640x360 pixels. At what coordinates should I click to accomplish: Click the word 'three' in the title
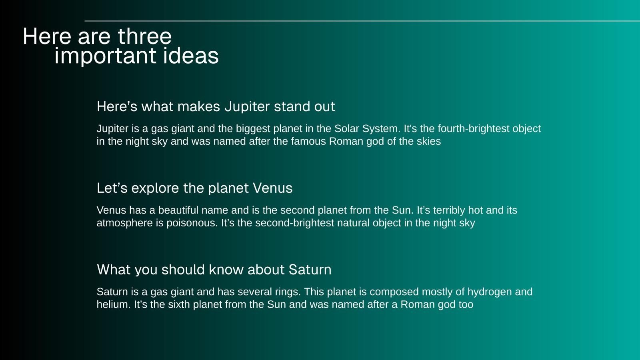pos(144,36)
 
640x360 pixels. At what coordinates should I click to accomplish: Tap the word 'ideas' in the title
pos(191,55)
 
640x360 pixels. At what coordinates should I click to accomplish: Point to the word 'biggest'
pos(253,129)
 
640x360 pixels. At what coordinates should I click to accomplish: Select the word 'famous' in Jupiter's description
pos(308,142)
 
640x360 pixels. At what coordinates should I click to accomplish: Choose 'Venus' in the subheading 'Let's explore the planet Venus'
pos(272,188)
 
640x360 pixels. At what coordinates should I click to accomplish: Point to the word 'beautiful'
pos(178,210)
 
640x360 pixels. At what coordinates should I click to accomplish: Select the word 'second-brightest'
pos(294,223)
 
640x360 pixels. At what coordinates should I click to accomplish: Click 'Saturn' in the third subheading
pos(310,270)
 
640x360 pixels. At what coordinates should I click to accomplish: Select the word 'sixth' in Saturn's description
pos(179,304)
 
